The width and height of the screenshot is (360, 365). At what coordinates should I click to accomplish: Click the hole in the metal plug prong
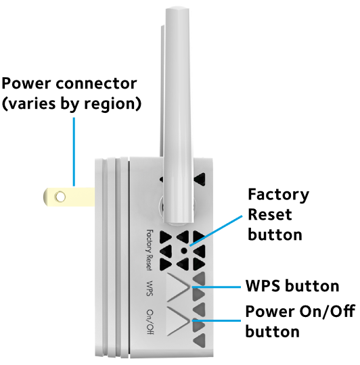[60, 197]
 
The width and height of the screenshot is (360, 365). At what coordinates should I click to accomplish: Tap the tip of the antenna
[177, 8]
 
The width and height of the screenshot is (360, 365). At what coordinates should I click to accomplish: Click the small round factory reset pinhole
[184, 251]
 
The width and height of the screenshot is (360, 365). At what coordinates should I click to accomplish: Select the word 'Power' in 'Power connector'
[26, 83]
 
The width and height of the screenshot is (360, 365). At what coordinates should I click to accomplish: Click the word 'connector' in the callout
[96, 84]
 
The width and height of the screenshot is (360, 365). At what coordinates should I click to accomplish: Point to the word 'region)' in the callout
[113, 104]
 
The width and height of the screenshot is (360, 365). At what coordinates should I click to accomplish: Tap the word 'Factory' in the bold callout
[278, 195]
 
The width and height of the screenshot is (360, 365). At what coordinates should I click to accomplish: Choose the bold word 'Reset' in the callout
[270, 215]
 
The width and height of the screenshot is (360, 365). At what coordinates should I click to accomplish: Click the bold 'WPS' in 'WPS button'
[263, 286]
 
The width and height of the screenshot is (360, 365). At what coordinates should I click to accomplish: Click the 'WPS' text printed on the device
[150, 288]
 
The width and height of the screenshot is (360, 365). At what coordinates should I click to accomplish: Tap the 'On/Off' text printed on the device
[150, 322]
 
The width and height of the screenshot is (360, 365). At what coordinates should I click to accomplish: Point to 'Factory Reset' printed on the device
[150, 250]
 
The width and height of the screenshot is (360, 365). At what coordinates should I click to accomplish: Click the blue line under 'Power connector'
[74, 152]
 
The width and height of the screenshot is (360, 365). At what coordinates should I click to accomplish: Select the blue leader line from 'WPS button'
[217, 287]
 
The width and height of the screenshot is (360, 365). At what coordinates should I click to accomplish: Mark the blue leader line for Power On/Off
[217, 321]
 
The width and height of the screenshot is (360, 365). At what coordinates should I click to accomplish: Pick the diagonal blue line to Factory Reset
[216, 230]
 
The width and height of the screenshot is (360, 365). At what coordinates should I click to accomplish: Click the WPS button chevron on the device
[177, 288]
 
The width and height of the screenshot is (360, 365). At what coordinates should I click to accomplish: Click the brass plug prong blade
[69, 197]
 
